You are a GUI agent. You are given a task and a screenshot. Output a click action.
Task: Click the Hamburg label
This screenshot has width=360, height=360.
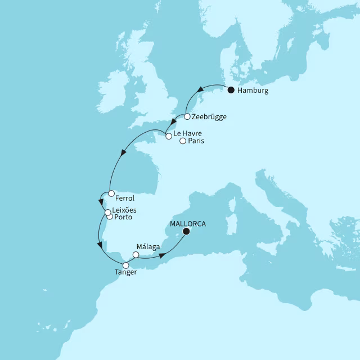(x=253, y=91)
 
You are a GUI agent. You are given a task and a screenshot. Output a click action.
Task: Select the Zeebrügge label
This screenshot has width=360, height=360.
(x=209, y=118)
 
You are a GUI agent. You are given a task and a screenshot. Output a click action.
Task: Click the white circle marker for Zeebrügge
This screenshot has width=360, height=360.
(x=187, y=117)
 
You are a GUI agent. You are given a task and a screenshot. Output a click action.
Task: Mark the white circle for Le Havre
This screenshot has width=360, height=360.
(x=168, y=136)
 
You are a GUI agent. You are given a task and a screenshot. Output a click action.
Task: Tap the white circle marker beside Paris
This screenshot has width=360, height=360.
(x=182, y=141)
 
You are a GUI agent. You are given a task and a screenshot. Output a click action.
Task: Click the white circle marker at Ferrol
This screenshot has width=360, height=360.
(x=111, y=193)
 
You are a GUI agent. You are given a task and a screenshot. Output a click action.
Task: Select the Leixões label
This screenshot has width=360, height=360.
(x=125, y=210)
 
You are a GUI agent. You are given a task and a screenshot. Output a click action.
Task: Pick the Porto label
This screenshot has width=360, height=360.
(x=123, y=217)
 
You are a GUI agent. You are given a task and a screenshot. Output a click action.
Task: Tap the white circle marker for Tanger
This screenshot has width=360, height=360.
(x=126, y=265)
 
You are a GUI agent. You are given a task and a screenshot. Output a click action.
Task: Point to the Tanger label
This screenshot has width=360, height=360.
(x=125, y=274)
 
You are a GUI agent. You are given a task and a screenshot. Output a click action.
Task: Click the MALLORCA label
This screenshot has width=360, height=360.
(x=188, y=223)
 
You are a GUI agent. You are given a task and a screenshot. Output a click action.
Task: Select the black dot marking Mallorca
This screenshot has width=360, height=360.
(x=186, y=231)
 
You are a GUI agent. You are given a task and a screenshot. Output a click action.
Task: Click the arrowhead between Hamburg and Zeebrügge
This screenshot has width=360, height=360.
(x=200, y=90)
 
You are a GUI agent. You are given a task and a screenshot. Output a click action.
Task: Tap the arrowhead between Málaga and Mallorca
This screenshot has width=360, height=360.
(x=163, y=256)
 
